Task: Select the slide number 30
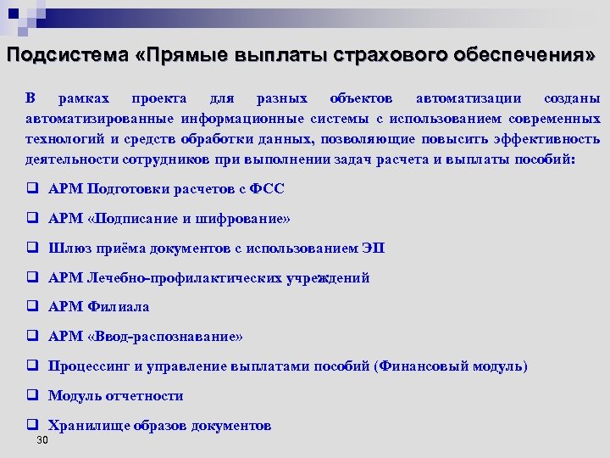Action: pos(42,441)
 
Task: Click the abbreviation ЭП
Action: pos(373,249)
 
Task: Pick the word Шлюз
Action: pos(66,249)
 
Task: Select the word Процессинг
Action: pos(88,366)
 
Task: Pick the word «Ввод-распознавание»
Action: pos(165,337)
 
